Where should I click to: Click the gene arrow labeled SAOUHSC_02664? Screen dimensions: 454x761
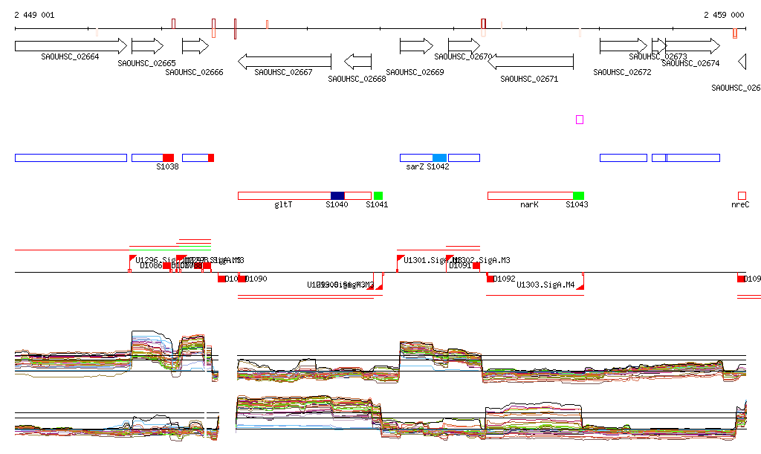[x=71, y=46]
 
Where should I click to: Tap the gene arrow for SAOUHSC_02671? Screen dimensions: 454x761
[x=530, y=62]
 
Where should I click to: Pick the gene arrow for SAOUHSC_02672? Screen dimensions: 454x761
[x=623, y=46]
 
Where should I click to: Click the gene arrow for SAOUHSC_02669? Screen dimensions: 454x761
[x=415, y=46]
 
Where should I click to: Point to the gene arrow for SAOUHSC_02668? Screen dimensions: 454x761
[x=357, y=61]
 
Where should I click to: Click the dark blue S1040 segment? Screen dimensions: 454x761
[x=337, y=195]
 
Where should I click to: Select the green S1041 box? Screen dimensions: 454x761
[x=378, y=195]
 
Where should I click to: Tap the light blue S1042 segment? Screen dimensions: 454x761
[x=439, y=158]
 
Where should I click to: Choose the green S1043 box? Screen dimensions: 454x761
[x=578, y=195]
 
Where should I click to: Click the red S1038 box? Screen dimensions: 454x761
[x=168, y=158]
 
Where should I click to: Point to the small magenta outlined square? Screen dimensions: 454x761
[x=580, y=120]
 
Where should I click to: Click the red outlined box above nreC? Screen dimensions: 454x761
[x=742, y=195]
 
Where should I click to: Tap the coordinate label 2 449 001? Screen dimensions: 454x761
[x=33, y=15]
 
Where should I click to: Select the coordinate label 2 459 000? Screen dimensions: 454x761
[x=724, y=15]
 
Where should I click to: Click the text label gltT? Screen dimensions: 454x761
[x=283, y=204]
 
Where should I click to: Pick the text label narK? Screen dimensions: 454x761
[x=529, y=204]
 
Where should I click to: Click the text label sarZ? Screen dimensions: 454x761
[x=414, y=167]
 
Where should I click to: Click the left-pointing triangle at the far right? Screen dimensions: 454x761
[x=742, y=62]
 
